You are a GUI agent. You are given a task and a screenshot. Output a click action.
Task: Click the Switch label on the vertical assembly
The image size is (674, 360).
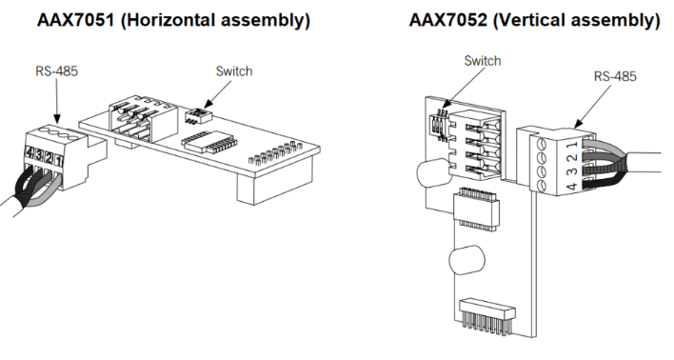(481, 60)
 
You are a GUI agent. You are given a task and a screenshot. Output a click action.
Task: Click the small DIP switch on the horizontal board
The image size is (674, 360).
(199, 112)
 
